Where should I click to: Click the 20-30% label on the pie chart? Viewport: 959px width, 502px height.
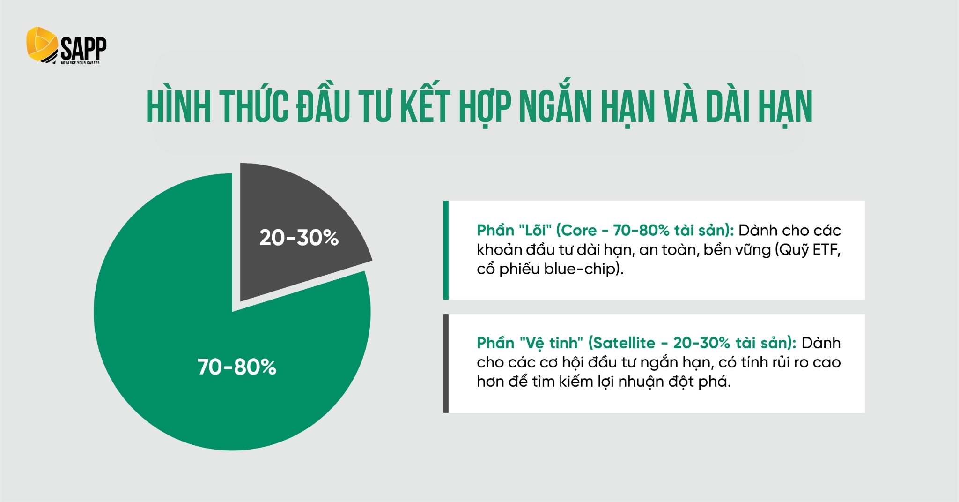tap(299, 238)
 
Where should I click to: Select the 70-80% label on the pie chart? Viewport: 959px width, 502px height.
tap(237, 367)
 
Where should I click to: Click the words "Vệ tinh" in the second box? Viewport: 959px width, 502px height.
tap(551, 343)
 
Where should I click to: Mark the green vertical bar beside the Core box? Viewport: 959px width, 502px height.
tap(446, 250)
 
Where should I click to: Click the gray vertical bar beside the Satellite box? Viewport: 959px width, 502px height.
tap(446, 363)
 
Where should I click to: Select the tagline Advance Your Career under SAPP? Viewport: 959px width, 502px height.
tap(80, 62)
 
